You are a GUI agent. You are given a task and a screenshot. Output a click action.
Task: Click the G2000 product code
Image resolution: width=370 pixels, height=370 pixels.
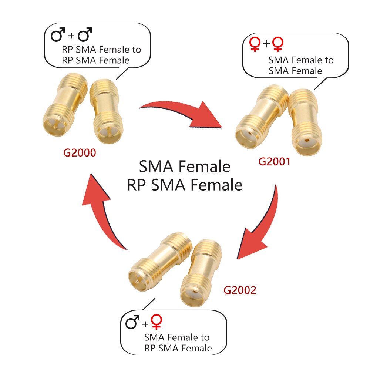(x=80, y=153)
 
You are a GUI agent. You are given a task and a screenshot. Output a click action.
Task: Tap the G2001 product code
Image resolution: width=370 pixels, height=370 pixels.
(x=275, y=162)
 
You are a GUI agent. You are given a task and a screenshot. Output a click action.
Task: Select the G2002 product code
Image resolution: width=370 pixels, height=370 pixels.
(x=240, y=290)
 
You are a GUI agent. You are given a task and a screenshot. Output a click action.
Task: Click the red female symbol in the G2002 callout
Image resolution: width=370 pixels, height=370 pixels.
(x=157, y=322)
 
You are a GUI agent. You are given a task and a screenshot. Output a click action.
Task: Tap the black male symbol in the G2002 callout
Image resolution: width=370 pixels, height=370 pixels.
(x=132, y=322)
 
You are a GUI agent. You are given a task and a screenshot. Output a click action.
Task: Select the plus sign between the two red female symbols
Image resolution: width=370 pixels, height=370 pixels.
(x=266, y=44)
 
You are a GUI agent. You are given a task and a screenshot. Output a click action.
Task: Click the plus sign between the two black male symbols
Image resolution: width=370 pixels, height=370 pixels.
(x=71, y=36)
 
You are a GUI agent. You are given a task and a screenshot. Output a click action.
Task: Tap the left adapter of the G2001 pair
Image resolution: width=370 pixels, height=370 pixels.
(x=262, y=117)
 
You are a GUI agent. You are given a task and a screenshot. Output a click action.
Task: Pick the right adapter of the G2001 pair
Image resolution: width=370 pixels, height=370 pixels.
(x=306, y=122)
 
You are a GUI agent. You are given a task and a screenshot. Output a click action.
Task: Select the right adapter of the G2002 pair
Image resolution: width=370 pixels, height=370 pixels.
(x=201, y=273)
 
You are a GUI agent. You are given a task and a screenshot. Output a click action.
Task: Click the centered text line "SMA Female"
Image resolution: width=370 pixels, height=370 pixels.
(x=185, y=166)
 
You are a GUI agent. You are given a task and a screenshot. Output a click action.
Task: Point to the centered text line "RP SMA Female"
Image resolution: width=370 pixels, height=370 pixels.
(x=185, y=185)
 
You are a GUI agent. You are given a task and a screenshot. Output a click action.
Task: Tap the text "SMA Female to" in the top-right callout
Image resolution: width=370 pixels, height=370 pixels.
(x=301, y=60)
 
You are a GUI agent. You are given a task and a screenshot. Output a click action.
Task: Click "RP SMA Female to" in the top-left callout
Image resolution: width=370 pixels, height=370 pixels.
(x=101, y=50)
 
